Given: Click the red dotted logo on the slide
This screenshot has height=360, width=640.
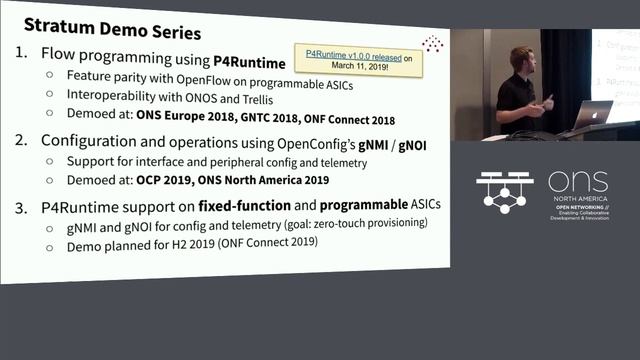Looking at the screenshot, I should pos(432,44).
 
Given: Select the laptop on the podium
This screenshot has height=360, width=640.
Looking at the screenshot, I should pos(594,113).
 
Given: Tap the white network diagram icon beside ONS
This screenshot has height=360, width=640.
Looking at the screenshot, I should pos(504,193).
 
